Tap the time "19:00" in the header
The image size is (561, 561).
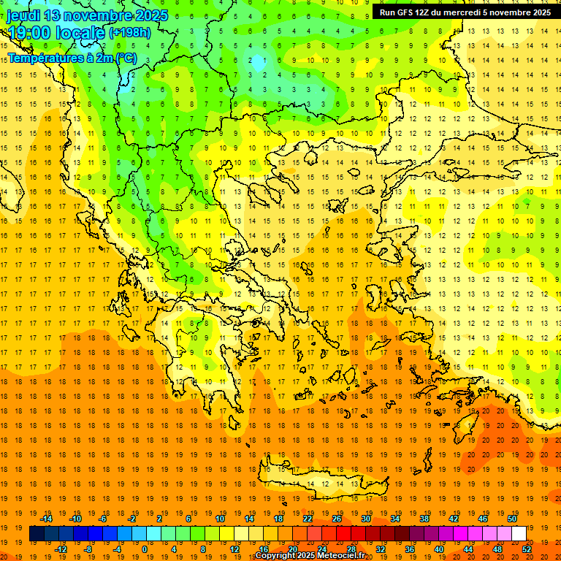pos(32,33)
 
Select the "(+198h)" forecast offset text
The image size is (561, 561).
pos(129,33)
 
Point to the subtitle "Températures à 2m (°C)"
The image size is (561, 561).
pos(72,57)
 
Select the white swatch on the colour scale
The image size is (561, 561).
pos(519,534)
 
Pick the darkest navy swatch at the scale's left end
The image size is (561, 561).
pos(37,534)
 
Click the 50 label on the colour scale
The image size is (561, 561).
pos(512,519)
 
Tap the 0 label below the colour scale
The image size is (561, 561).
pos(144,549)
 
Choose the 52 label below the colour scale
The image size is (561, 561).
pos(527,549)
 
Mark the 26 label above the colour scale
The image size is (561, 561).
pos(337,519)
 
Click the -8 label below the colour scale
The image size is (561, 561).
pos(88,549)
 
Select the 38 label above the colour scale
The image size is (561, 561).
pos(424,519)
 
